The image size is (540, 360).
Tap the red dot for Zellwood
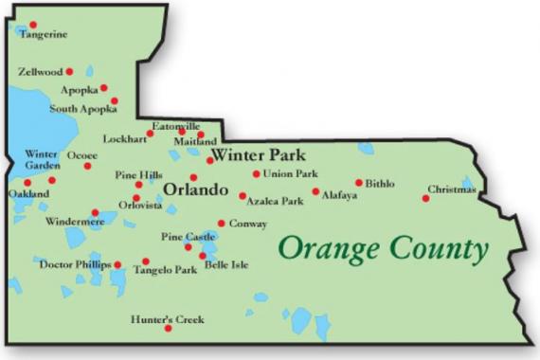pyautogui.click(x=69, y=71)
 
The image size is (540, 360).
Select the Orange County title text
pyautogui.click(x=383, y=249)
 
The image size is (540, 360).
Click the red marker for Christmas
pyautogui.click(x=425, y=198)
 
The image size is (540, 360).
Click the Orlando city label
pyautogui.click(x=196, y=190)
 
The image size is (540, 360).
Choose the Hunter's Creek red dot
pyautogui.click(x=168, y=329)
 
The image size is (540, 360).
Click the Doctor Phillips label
pyautogui.click(x=75, y=264)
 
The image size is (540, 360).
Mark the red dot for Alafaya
pyautogui.click(x=315, y=190)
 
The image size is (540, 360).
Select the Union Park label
pyautogui.click(x=290, y=173)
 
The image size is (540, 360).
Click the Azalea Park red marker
pyautogui.click(x=243, y=196)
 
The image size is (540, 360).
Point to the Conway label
pyautogui.click(x=247, y=224)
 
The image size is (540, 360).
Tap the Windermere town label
pyautogui.click(x=75, y=222)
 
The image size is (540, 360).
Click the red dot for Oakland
pyautogui.click(x=27, y=183)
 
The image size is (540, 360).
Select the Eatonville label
pyautogui.click(x=176, y=126)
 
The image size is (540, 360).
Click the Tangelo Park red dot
pyautogui.click(x=146, y=261)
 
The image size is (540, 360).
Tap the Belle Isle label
pyautogui.click(x=226, y=265)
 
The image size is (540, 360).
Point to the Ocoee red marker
pyautogui.click(x=87, y=166)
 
